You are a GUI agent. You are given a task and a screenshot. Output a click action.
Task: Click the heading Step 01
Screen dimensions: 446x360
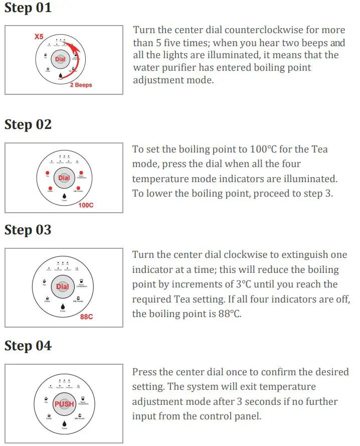(x=28, y=9)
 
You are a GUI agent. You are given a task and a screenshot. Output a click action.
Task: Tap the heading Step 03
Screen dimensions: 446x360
(x=28, y=230)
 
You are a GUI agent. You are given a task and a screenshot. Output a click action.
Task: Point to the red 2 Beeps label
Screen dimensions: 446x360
(x=81, y=85)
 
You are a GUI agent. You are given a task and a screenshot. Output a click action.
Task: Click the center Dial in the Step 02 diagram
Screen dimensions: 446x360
(x=64, y=178)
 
